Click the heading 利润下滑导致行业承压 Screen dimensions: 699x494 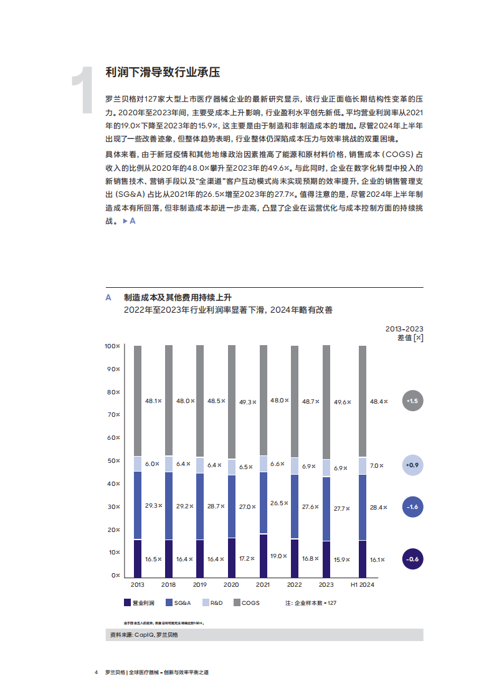tap(163, 72)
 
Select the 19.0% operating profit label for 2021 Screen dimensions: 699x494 tap(278, 556)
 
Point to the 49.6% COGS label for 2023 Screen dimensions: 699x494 tap(341, 402)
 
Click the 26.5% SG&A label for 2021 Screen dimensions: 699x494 tap(278, 503)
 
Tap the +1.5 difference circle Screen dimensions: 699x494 tap(412, 401)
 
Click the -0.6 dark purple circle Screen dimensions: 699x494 tap(412, 559)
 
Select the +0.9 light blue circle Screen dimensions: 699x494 tap(412, 465)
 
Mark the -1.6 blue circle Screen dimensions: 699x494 tap(412, 507)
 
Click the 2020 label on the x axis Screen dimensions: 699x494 tap(231, 585)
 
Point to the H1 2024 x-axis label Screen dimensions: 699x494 tap(363, 585)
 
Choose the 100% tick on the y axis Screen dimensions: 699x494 tap(112, 346)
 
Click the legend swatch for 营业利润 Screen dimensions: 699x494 tap(127, 602)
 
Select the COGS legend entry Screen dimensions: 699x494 tap(246, 602)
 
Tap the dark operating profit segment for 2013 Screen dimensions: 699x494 tap(138, 558)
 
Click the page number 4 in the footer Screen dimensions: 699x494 tap(96, 673)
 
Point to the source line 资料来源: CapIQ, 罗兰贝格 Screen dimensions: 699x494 tap(143, 635)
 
